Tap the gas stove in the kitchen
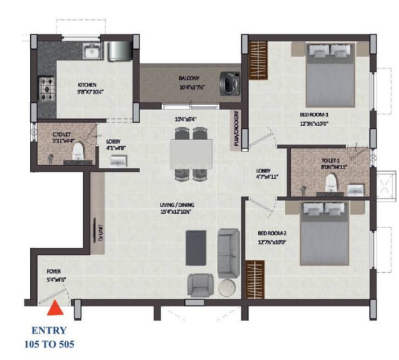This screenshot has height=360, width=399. pyautogui.click(x=46, y=85)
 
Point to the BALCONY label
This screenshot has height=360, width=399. pyautogui.click(x=189, y=78)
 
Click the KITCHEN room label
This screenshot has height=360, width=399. pyautogui.click(x=87, y=85)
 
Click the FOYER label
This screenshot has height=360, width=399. pyautogui.click(x=46, y=272)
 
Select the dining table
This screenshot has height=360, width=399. pyautogui.click(x=191, y=154)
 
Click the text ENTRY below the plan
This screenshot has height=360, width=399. pyautogui.click(x=49, y=330)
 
